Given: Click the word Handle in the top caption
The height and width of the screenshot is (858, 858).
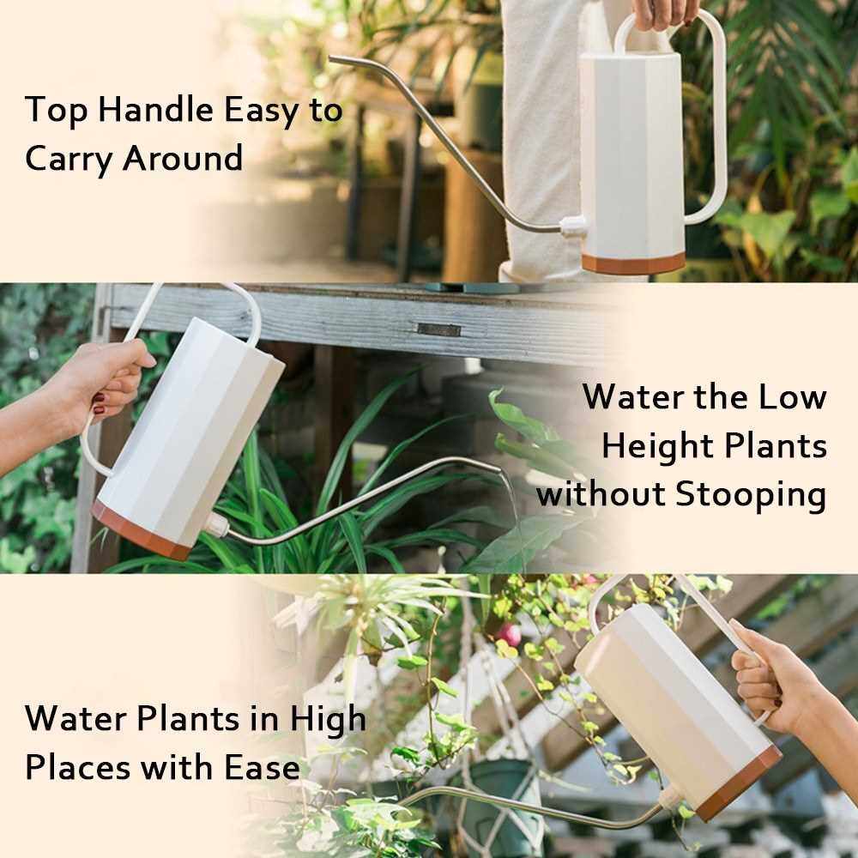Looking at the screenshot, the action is click(156, 109).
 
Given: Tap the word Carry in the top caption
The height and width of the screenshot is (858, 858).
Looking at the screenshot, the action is click(68, 160).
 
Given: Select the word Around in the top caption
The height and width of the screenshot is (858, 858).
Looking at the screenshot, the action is click(183, 158).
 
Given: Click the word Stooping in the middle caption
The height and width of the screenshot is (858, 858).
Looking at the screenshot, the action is click(750, 495).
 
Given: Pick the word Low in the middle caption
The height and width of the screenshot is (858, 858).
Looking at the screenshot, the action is click(792, 396).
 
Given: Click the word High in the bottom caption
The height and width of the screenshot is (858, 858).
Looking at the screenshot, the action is click(328, 719).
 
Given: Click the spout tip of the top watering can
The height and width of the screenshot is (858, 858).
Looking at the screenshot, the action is click(331, 58).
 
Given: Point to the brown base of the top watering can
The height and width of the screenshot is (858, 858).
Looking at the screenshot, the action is click(633, 263).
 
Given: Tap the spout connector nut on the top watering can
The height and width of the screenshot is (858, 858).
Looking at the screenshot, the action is click(572, 225).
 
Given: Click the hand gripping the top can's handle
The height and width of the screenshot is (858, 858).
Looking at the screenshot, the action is click(665, 12).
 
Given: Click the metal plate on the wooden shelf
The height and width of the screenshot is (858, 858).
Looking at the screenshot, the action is click(438, 329).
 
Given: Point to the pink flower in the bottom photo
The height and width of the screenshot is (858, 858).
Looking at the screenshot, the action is click(510, 634).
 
